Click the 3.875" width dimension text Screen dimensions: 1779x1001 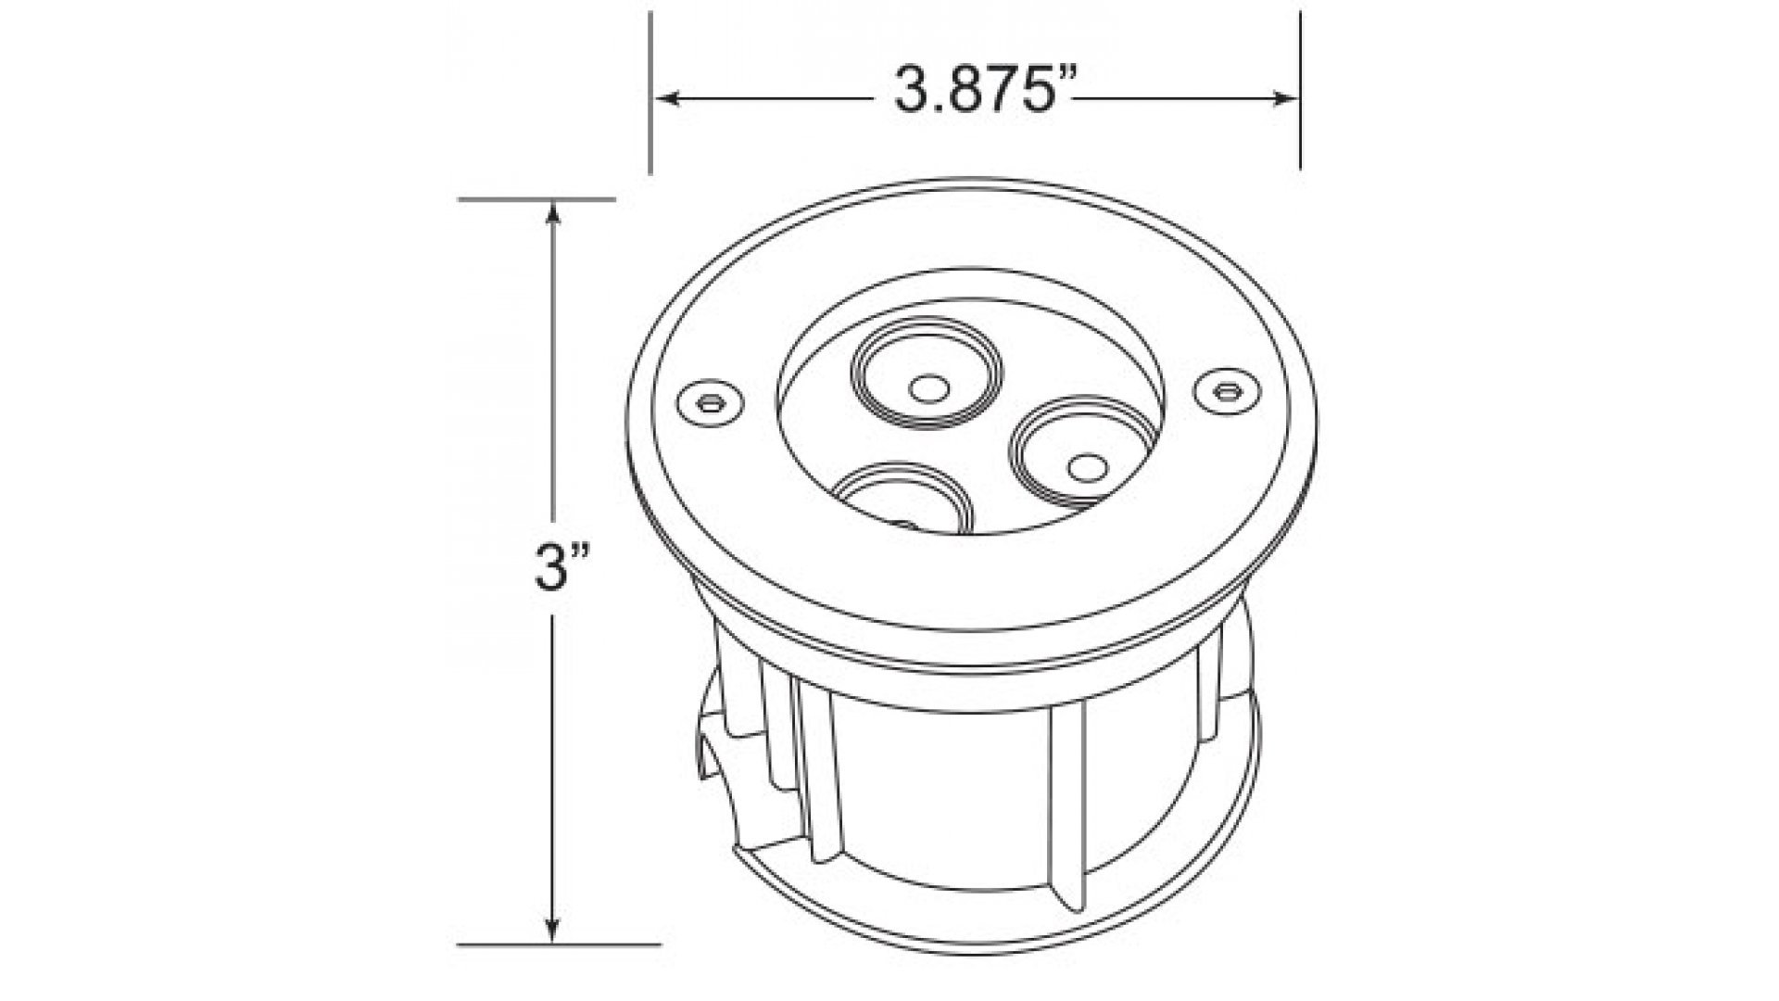click(984, 90)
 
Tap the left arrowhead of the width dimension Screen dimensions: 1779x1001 click(670, 97)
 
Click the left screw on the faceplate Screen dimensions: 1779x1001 click(711, 402)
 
